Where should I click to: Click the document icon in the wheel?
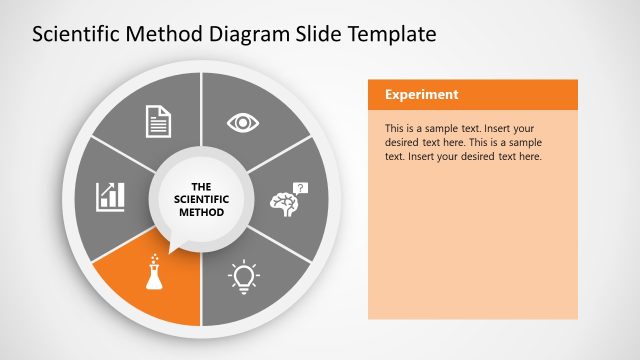pos(159,122)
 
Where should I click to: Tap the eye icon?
pos(243,122)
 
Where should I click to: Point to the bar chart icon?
pos(110,196)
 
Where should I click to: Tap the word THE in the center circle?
pos(201,186)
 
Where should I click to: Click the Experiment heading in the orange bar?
pos(422,95)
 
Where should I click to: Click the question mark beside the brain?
pos(302,187)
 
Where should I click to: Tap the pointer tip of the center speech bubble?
pos(171,250)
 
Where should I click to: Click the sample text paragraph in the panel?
pos(462,142)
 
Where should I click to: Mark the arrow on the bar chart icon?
pos(116,187)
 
